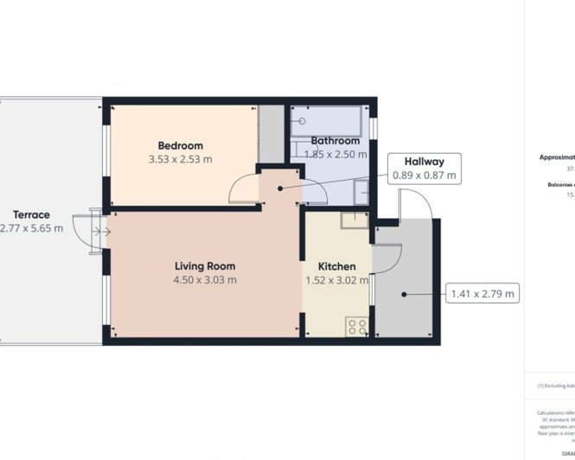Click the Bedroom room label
(x=180, y=145)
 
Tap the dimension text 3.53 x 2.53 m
(x=181, y=159)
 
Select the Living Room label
(x=205, y=266)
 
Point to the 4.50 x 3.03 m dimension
(x=205, y=280)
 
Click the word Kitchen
(x=335, y=266)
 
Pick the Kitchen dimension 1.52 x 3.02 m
(x=337, y=280)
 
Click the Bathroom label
(x=335, y=141)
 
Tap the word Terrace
(x=31, y=214)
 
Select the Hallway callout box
(x=424, y=168)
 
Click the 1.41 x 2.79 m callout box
(x=482, y=294)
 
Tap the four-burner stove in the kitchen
(x=357, y=327)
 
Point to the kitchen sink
(x=355, y=220)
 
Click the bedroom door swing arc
(x=245, y=188)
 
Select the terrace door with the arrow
(x=91, y=232)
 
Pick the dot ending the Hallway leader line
(x=279, y=188)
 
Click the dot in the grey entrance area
(x=404, y=295)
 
